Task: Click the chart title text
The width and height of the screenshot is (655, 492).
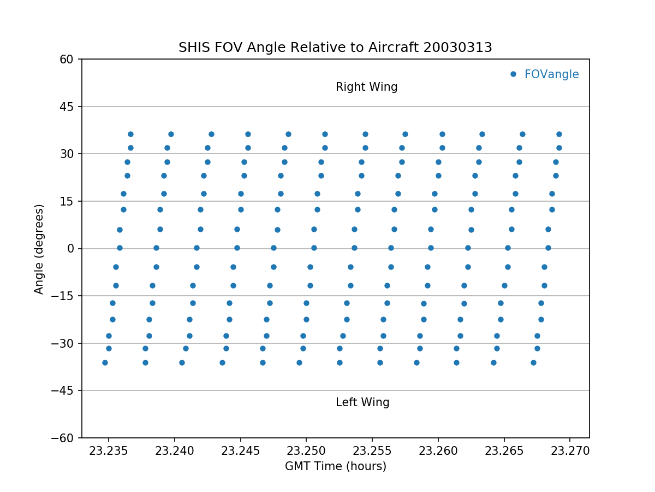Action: (x=335, y=48)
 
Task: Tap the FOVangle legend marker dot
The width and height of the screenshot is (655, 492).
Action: (x=513, y=74)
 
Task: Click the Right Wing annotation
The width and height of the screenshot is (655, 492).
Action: (x=366, y=87)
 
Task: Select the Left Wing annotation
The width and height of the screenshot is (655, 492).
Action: (x=362, y=402)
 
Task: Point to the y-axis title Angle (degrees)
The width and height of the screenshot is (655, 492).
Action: (x=39, y=249)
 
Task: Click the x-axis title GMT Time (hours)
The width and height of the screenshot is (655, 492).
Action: (x=335, y=466)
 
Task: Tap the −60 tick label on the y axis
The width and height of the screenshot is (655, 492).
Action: (x=64, y=438)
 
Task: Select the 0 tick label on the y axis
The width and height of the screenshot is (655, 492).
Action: (x=71, y=249)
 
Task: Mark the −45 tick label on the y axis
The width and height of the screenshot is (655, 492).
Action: (x=64, y=390)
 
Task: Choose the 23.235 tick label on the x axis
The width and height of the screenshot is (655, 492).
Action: (x=109, y=451)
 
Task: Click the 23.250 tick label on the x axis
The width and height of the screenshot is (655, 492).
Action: (x=306, y=451)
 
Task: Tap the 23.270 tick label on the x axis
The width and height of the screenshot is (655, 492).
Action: (x=570, y=451)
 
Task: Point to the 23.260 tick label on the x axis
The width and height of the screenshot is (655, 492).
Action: (x=438, y=451)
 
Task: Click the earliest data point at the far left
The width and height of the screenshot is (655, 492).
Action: (x=105, y=362)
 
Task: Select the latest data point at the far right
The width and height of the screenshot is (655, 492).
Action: (x=559, y=134)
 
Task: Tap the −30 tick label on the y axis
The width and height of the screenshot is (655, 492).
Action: (x=64, y=343)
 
